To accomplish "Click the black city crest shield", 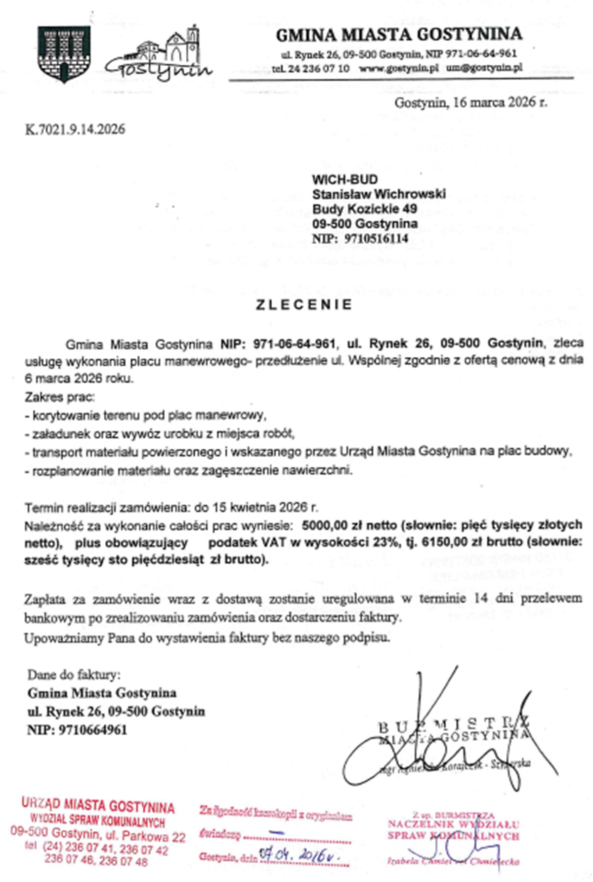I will [64, 53].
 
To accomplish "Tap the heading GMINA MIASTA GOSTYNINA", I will [399, 35].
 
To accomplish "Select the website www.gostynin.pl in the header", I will [399, 68].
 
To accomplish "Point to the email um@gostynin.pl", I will [484, 68].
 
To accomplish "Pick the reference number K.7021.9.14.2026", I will [75, 129].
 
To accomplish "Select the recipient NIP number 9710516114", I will [377, 239].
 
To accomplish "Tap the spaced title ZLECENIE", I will [304, 304].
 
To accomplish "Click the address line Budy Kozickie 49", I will [364, 209].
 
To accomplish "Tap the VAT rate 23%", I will [386, 542].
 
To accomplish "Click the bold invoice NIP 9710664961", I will [92, 730].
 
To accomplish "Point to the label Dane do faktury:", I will [74, 674].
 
